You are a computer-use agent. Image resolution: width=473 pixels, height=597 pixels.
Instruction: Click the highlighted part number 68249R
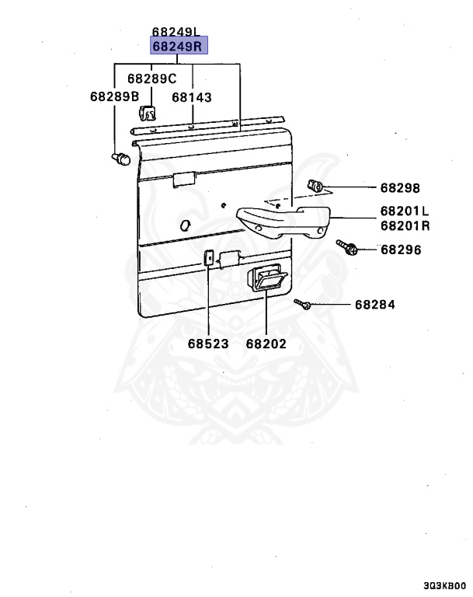click(x=178, y=47)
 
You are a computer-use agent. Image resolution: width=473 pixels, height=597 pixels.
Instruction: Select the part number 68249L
click(x=176, y=32)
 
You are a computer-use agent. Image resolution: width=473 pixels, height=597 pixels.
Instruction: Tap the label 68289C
click(x=152, y=79)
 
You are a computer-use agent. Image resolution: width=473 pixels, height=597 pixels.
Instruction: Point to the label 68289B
click(x=114, y=97)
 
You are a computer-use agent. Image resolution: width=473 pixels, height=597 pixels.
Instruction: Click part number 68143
click(x=192, y=98)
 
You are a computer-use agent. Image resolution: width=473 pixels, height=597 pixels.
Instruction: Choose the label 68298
click(x=400, y=188)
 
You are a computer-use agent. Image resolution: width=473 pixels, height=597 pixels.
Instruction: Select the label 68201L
click(x=405, y=211)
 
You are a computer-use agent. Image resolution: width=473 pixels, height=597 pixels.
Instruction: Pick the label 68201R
click(x=405, y=226)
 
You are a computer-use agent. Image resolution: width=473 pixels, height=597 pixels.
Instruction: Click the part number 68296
click(x=400, y=250)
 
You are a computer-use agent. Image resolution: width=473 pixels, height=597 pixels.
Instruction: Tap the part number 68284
click(x=375, y=305)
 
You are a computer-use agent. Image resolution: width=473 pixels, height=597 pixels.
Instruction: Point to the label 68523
click(x=207, y=343)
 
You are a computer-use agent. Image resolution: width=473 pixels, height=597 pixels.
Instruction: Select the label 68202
click(x=266, y=343)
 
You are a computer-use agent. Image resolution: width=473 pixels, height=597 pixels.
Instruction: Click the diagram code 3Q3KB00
click(x=445, y=586)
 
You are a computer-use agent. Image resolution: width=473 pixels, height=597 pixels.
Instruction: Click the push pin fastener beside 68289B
click(x=120, y=159)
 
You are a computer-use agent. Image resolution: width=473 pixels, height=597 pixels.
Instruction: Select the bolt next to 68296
click(x=346, y=247)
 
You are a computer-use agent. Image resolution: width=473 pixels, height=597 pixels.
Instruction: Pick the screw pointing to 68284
click(x=303, y=304)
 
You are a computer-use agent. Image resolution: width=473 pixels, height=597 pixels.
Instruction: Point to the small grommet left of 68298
click(x=316, y=186)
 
